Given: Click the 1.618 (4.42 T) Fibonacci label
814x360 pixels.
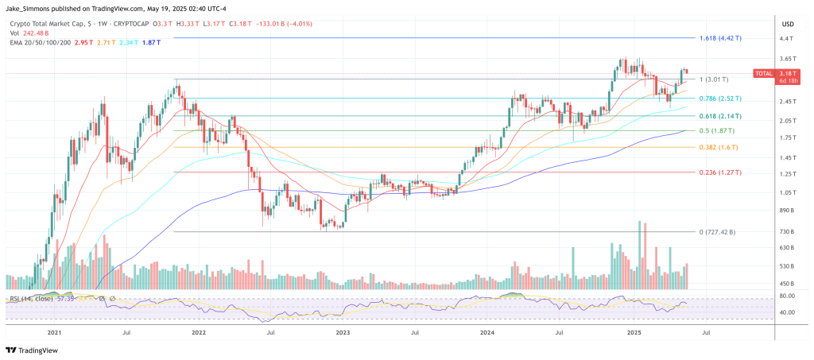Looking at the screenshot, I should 721,38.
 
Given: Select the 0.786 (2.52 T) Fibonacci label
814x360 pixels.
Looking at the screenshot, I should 721,99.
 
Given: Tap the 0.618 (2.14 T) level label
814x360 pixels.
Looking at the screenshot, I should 721,115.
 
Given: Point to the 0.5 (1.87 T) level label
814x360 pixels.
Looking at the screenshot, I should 717,130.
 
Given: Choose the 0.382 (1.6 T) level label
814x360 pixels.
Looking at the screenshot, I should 718,147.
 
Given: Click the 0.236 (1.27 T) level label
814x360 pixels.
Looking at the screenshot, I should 721,172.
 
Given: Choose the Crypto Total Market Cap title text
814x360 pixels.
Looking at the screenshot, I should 49,23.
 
